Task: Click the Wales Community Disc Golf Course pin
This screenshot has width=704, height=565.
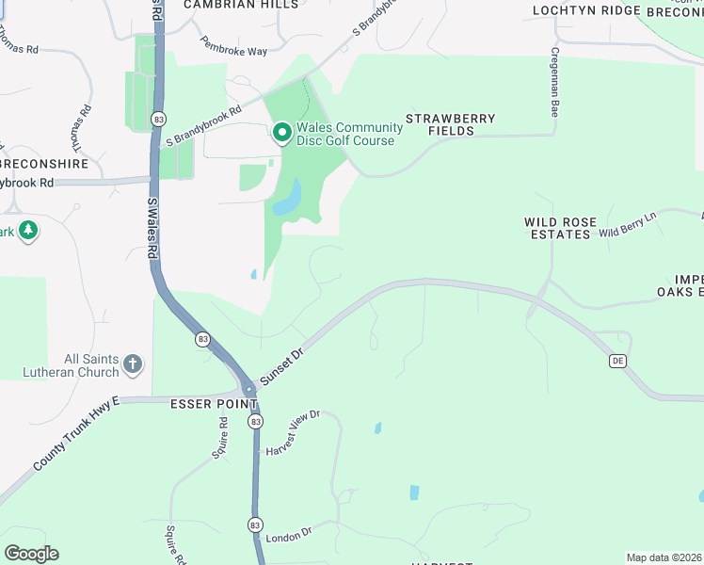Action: (x=281, y=134)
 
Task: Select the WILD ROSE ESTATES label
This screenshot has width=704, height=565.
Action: (x=561, y=228)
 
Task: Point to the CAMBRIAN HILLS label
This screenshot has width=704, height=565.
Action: (x=241, y=5)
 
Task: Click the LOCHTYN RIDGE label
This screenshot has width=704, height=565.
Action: (x=572, y=10)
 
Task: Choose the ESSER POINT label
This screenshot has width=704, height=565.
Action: (x=214, y=404)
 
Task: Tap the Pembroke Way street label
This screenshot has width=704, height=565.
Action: (x=233, y=46)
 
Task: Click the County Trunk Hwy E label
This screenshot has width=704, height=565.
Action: (x=76, y=434)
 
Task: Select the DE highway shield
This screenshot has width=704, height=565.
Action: (x=617, y=361)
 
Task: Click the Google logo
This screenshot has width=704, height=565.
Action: (x=31, y=554)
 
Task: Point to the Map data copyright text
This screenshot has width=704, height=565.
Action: (x=664, y=557)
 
